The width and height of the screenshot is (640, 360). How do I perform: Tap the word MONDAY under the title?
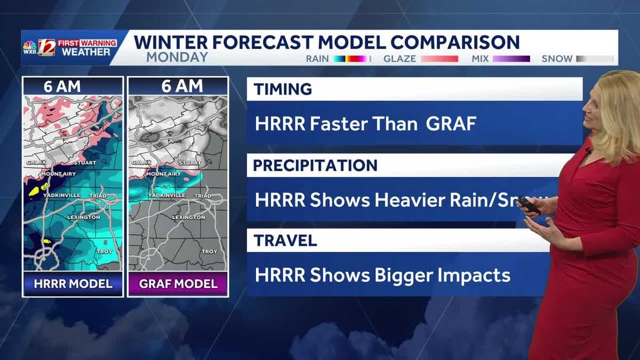(x=177, y=57)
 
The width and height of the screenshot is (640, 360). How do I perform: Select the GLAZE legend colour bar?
(x=439, y=59)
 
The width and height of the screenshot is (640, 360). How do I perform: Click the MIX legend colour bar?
(x=511, y=59)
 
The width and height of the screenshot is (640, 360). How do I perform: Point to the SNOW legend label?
(x=557, y=59)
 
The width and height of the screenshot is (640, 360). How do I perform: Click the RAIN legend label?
(x=317, y=59)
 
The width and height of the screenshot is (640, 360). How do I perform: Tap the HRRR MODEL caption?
(x=73, y=284)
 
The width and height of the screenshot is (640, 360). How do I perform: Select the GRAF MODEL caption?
(x=178, y=284)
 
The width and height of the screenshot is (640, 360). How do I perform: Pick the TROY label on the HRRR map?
(x=105, y=251)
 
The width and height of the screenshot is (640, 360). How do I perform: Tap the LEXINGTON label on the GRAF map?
(x=189, y=218)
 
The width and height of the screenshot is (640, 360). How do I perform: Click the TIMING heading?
(x=283, y=90)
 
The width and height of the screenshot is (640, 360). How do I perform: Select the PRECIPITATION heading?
(x=315, y=165)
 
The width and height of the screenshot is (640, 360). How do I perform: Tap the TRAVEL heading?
(x=285, y=241)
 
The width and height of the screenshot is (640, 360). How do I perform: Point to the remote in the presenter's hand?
(x=530, y=206)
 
